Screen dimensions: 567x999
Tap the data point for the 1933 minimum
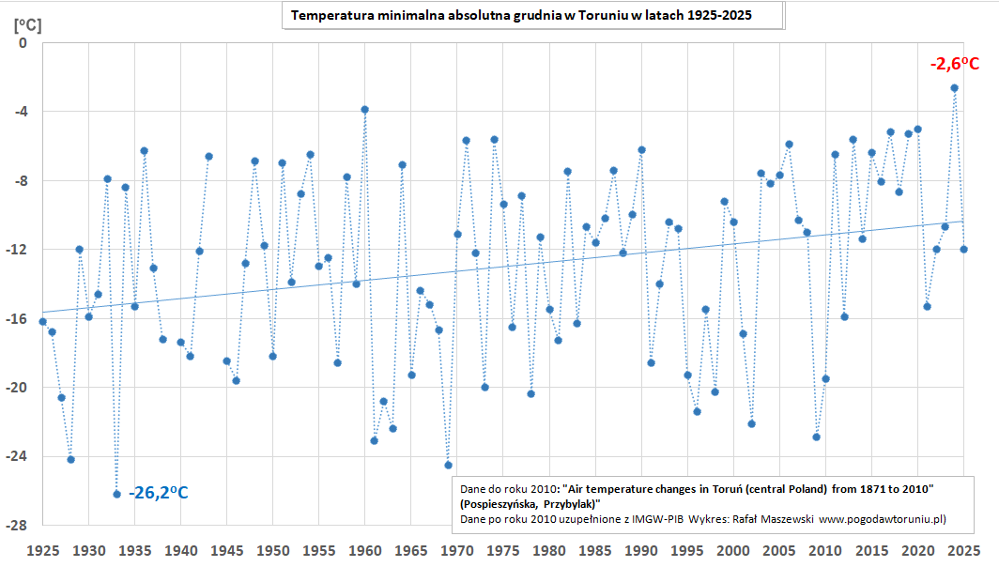point(116,494)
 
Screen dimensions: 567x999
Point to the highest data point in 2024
point(954,87)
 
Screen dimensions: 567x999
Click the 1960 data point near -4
point(364,109)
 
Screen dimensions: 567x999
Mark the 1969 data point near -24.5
point(448,465)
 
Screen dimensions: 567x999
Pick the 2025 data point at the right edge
point(963,249)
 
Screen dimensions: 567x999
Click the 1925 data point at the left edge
point(42,321)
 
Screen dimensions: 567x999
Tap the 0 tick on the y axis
point(23,42)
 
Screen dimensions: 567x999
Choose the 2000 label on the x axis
point(733,549)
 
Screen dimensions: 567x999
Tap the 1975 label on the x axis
point(503,549)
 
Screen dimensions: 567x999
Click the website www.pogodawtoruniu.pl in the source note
point(882,518)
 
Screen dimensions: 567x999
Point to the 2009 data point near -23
point(817,437)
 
